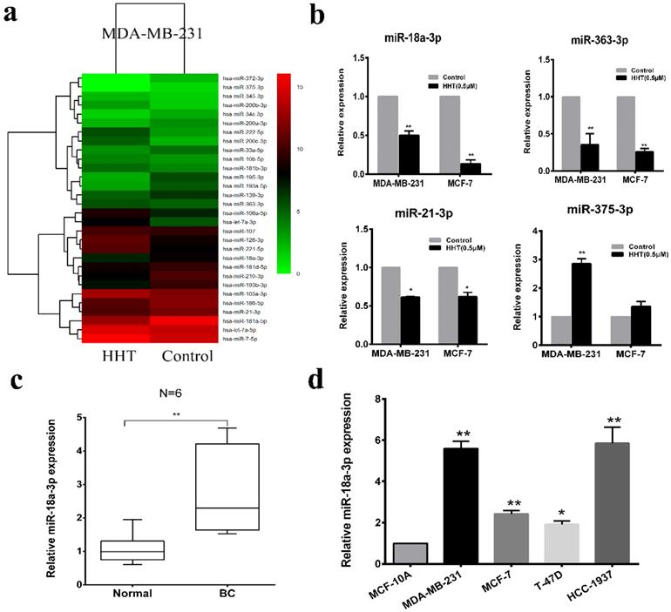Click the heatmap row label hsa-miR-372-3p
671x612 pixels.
tap(246, 77)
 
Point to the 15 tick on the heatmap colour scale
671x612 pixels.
tap(299, 87)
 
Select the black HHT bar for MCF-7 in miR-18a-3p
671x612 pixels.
tap(474, 168)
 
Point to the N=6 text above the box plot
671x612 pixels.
tap(171, 392)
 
